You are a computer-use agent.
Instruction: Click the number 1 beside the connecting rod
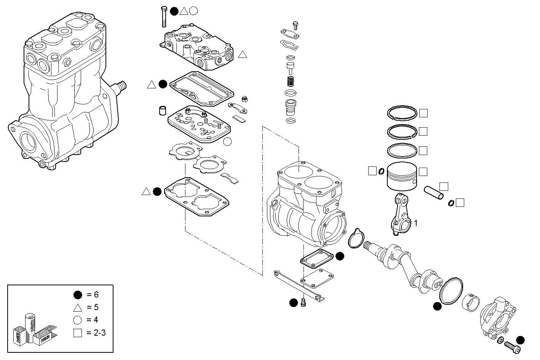tap(416, 223)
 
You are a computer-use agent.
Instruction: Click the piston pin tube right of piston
tap(434, 191)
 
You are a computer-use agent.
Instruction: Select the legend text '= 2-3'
tap(95, 333)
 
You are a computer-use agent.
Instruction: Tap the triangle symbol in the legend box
tap(78, 307)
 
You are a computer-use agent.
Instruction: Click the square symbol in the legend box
tap(78, 333)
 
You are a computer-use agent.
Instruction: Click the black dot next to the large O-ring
tap(437, 306)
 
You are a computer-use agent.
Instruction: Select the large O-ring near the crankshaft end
tap(451, 291)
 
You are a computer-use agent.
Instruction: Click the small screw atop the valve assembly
tap(295, 25)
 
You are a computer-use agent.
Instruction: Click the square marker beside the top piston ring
tap(423, 113)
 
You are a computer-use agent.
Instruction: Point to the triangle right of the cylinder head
tap(243, 54)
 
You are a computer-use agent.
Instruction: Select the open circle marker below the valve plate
tap(227, 142)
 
